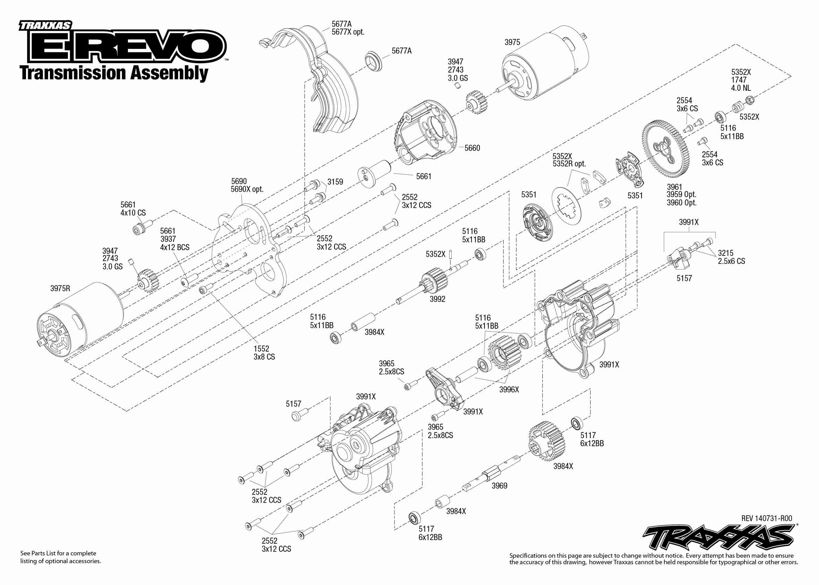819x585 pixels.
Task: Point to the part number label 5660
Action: (x=472, y=148)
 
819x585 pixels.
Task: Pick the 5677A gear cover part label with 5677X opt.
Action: (x=347, y=28)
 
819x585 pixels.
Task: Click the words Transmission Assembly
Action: (x=114, y=73)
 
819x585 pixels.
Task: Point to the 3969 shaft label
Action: (x=500, y=485)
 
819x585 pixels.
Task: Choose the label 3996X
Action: (x=509, y=389)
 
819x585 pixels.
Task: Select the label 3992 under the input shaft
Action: (x=438, y=299)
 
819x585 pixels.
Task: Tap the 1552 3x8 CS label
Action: (x=264, y=353)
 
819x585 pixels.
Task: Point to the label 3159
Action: (x=335, y=182)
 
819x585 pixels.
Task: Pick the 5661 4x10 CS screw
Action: (x=141, y=229)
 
